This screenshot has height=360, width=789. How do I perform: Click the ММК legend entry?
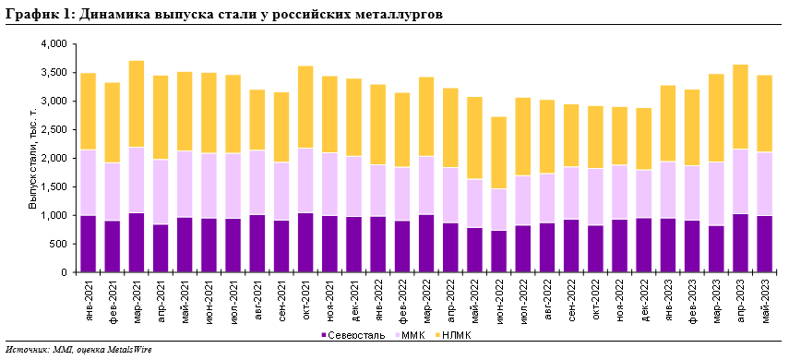[x=412, y=334]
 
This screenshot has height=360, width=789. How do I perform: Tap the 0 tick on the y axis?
[x=65, y=273]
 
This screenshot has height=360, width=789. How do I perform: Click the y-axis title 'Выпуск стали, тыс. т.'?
[x=33, y=158]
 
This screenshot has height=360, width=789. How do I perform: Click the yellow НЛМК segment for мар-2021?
[x=137, y=103]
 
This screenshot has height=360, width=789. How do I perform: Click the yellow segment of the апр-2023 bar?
[x=741, y=106]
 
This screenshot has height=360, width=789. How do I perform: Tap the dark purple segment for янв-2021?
[x=89, y=244]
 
